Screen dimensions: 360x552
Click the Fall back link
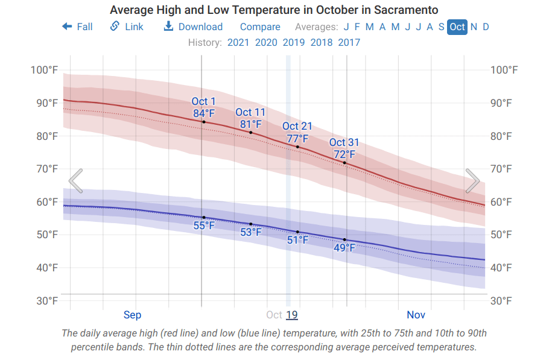click(77, 27)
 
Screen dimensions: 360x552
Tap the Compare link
click(260, 27)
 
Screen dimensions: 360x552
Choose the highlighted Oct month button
click(457, 27)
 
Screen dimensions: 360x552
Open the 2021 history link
click(238, 42)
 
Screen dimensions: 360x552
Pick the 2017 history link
click(349, 42)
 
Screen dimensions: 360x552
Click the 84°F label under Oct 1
click(204, 113)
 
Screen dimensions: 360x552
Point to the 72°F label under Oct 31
click(344, 154)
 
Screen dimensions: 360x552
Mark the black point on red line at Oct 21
click(297, 147)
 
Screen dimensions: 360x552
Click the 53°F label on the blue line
click(251, 232)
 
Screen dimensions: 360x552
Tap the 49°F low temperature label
click(344, 247)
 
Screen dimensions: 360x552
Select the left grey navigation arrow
click(75, 181)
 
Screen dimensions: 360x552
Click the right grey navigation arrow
click(472, 181)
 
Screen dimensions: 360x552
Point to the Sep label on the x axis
click(132, 315)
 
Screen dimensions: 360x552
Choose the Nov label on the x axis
click(416, 315)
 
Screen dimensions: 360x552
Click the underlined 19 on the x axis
click(292, 315)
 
